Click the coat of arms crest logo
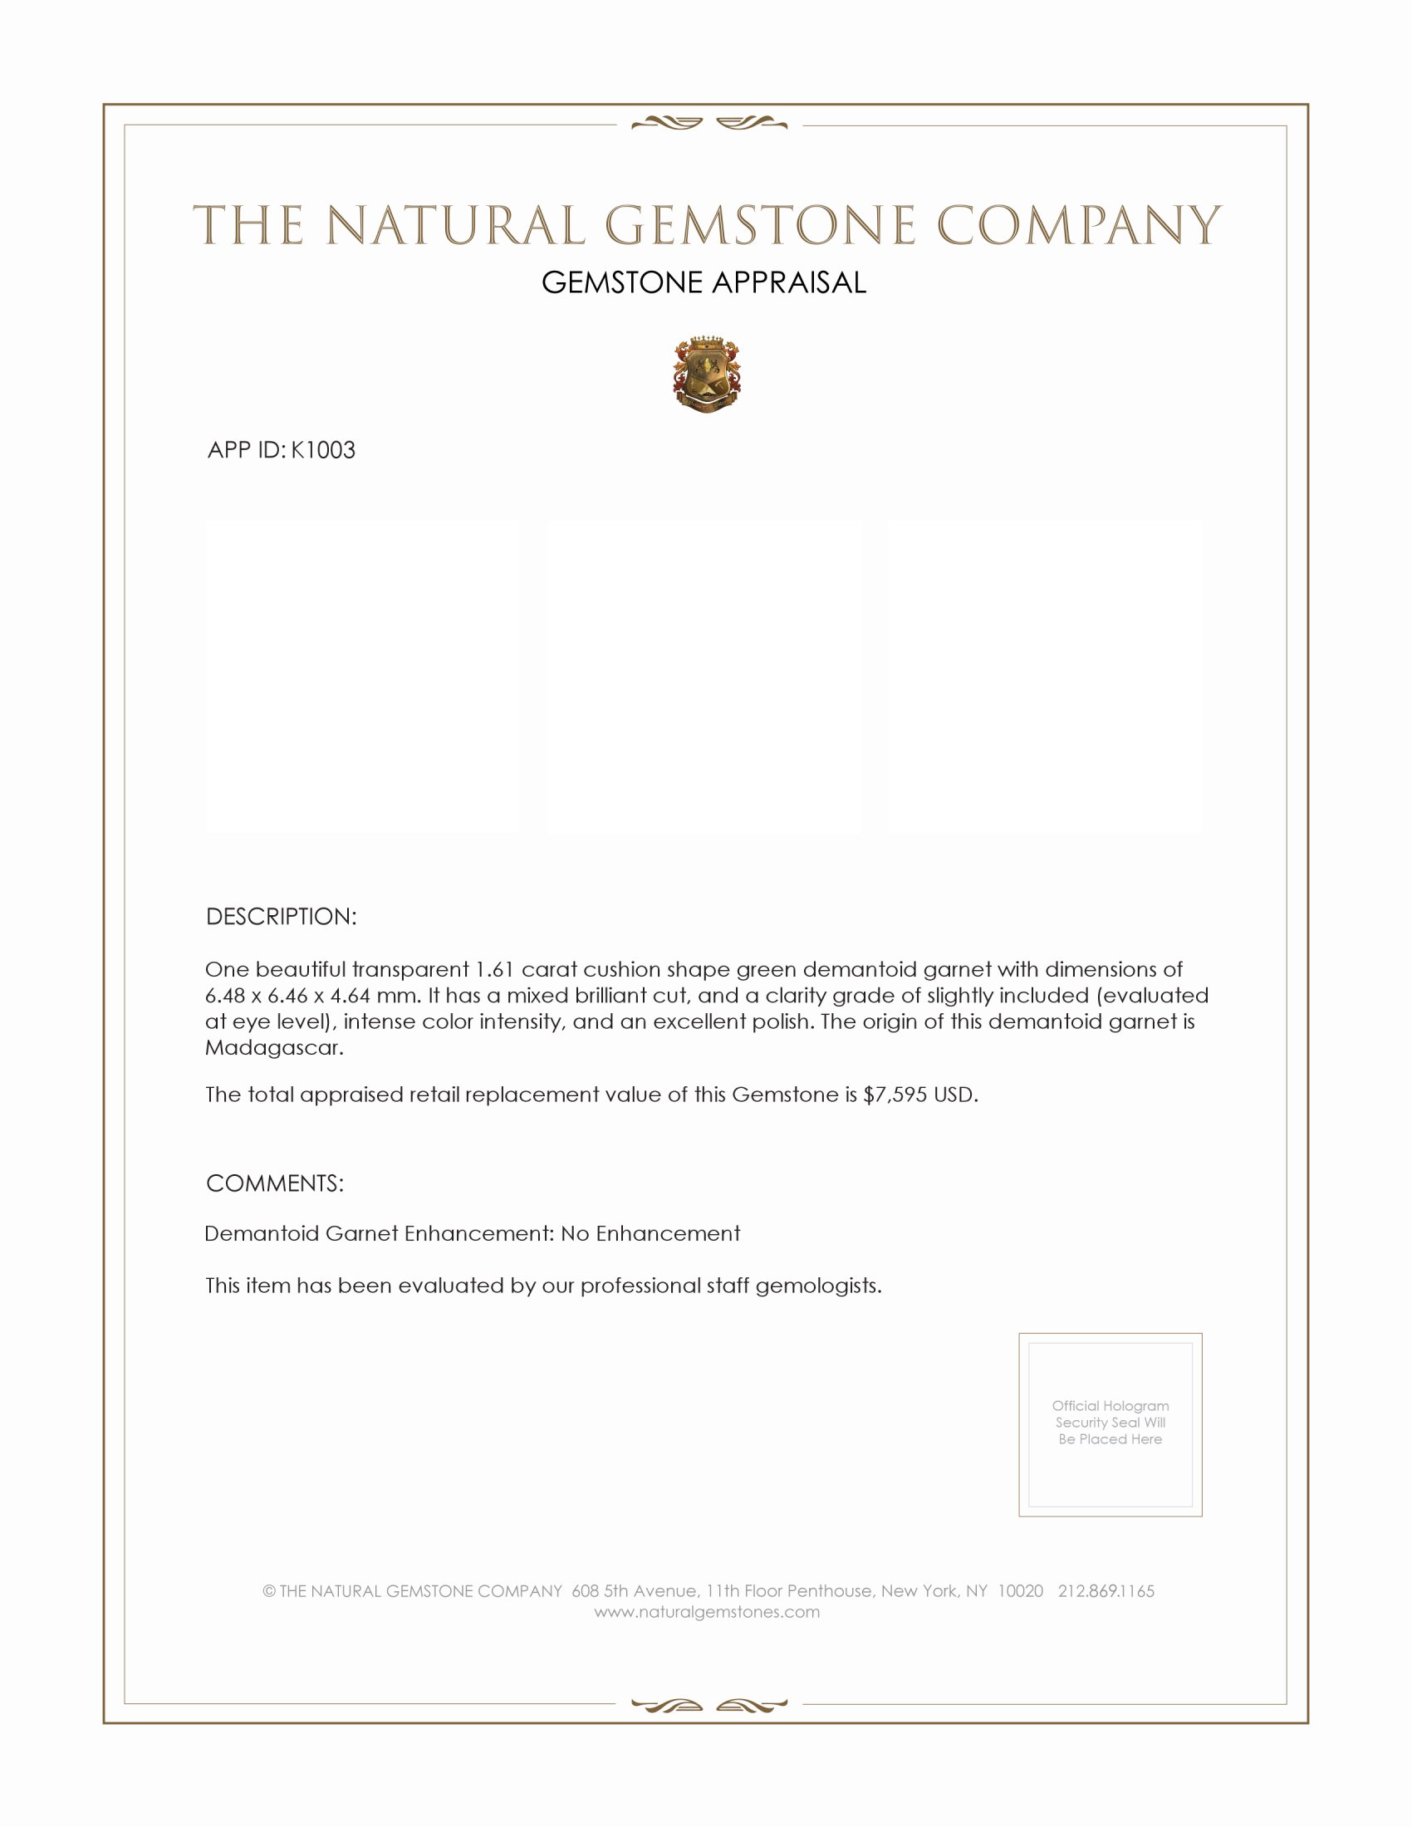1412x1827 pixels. (x=707, y=375)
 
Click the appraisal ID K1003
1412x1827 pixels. (x=323, y=450)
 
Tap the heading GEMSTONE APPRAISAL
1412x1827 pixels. (x=704, y=282)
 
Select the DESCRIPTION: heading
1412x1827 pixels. (x=281, y=916)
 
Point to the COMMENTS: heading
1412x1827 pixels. (x=274, y=1183)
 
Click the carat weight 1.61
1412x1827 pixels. (x=494, y=969)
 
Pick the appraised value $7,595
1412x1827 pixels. (x=895, y=1095)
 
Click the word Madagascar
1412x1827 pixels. (x=273, y=1047)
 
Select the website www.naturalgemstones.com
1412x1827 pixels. (x=707, y=1612)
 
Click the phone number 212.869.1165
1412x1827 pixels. (x=1106, y=1591)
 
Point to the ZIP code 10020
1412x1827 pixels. (x=1020, y=1591)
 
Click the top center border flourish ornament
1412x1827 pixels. (x=708, y=124)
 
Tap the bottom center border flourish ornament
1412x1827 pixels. (x=708, y=1706)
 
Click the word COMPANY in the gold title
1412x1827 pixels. (x=1078, y=226)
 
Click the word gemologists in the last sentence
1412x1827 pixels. (x=818, y=1286)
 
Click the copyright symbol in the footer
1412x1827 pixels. (x=269, y=1591)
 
